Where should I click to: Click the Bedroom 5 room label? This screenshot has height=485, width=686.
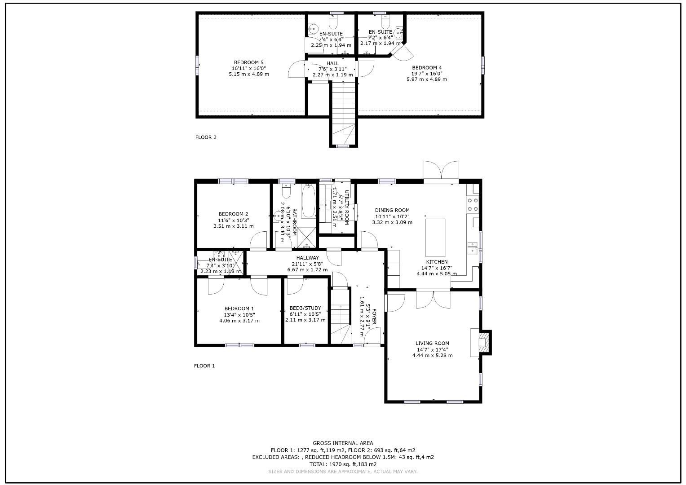[x=248, y=62]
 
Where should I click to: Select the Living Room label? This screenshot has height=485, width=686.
[x=432, y=344]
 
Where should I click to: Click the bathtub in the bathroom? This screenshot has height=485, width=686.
[x=308, y=201]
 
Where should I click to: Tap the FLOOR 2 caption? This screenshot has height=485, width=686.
[x=206, y=137]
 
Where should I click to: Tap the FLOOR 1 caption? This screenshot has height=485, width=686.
[x=204, y=366]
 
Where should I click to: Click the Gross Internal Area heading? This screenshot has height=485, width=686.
[x=343, y=443]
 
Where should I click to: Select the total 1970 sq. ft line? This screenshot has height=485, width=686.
[x=343, y=464]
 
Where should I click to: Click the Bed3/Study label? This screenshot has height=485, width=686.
[x=305, y=309]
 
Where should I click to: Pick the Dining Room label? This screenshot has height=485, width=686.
[x=392, y=210]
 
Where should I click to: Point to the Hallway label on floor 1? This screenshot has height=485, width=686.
[x=307, y=258]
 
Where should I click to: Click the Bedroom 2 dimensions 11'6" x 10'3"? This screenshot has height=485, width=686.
[x=233, y=220]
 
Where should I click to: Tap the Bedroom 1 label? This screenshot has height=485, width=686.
[x=239, y=309]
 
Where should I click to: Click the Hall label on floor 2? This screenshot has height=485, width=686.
[x=332, y=63]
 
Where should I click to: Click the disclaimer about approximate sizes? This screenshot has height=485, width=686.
[x=343, y=472]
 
